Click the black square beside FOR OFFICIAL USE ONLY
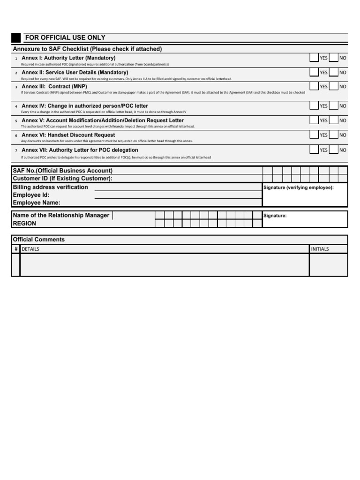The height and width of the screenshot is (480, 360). pyautogui.click(x=16, y=38)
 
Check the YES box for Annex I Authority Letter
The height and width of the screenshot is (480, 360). pyautogui.click(x=314, y=58)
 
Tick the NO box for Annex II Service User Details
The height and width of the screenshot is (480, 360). pyautogui.click(x=334, y=73)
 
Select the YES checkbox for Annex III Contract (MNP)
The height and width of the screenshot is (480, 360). pyautogui.click(x=314, y=86)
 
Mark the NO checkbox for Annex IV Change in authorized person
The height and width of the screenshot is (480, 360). pyautogui.click(x=334, y=106)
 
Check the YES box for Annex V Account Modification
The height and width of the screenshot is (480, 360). pyautogui.click(x=314, y=120)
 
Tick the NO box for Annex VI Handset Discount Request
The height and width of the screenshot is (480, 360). pyautogui.click(x=334, y=135)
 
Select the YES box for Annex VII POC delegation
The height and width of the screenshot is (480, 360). pyautogui.click(x=314, y=150)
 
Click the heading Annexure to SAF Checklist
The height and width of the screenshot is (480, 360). pyautogui.click(x=87, y=49)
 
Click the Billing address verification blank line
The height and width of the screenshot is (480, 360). pyautogui.click(x=178, y=190)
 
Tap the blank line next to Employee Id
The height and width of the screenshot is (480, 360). pyautogui.click(x=178, y=198)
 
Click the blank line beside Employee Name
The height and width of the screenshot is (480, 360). pyautogui.click(x=178, y=205)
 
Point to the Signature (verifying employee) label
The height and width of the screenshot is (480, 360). pyautogui.click(x=299, y=187)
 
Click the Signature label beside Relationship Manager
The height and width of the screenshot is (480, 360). pyautogui.click(x=275, y=216)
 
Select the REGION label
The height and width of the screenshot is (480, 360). pyautogui.click(x=24, y=224)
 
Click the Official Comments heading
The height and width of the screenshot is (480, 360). pyautogui.click(x=39, y=240)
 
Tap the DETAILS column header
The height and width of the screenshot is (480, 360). pyautogui.click(x=30, y=249)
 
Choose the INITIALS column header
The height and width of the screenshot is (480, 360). pyautogui.click(x=320, y=249)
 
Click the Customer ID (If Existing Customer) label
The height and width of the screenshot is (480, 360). pyautogui.click(x=63, y=179)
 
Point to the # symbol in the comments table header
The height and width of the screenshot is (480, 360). pyautogui.click(x=15, y=249)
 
